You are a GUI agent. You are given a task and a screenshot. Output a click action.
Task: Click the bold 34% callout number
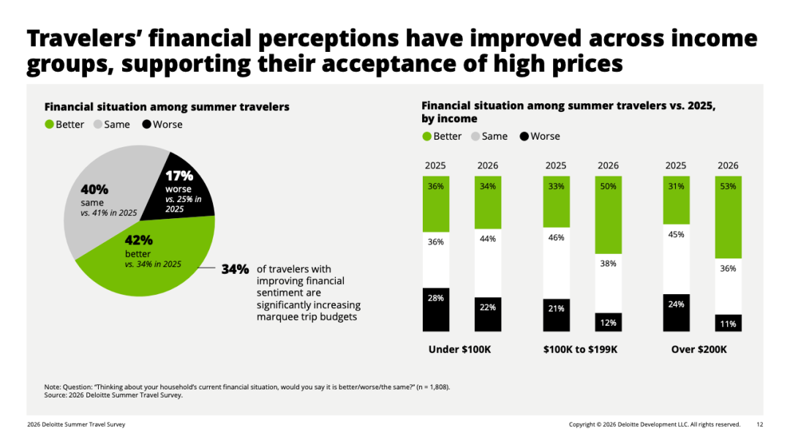pyautogui.click(x=236, y=269)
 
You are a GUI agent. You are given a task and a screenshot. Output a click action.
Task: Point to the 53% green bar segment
pyautogui.click(x=728, y=217)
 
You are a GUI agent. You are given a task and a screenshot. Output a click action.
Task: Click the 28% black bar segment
pyautogui.click(x=436, y=310)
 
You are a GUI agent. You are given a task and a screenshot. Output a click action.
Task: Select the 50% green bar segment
pyautogui.click(x=608, y=214)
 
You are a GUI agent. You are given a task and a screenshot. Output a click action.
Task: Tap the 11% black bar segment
pyautogui.click(x=728, y=323)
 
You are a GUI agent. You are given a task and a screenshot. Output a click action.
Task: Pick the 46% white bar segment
pyautogui.click(x=556, y=263)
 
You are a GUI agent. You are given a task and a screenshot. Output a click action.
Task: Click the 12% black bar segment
pyautogui.click(x=608, y=322)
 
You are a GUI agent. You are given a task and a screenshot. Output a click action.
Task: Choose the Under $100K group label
pyautogui.click(x=459, y=349)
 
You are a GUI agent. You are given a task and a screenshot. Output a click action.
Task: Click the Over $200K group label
pyautogui.click(x=699, y=349)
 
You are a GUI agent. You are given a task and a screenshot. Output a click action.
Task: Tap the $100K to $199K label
pyautogui.click(x=580, y=349)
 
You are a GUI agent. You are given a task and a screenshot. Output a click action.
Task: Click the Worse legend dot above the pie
pyautogui.click(x=146, y=124)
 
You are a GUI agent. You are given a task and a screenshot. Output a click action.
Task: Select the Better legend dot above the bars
pyautogui.click(x=426, y=137)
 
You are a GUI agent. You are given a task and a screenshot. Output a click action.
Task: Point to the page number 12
pyautogui.click(x=760, y=425)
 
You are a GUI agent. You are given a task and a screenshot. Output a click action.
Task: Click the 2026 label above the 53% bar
pyautogui.click(x=728, y=166)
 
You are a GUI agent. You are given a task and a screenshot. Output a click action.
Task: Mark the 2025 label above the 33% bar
pyautogui.click(x=556, y=166)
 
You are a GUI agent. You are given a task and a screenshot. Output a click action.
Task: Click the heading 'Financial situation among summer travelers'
pyautogui.click(x=167, y=107)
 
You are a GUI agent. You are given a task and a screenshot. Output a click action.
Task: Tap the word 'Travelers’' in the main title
pyautogui.click(x=83, y=39)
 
